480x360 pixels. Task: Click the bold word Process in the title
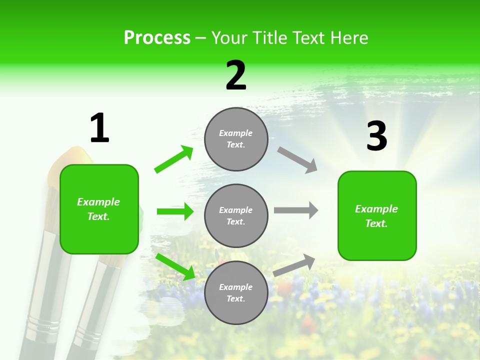click(157, 38)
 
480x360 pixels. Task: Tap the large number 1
click(99, 128)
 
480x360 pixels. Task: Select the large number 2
click(236, 75)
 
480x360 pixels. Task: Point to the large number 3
click(376, 136)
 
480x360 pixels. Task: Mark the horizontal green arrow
click(175, 211)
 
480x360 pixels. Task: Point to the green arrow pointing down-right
click(175, 266)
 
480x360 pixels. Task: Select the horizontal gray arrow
click(296, 210)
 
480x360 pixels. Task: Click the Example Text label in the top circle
click(236, 139)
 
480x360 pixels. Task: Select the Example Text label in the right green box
click(376, 216)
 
